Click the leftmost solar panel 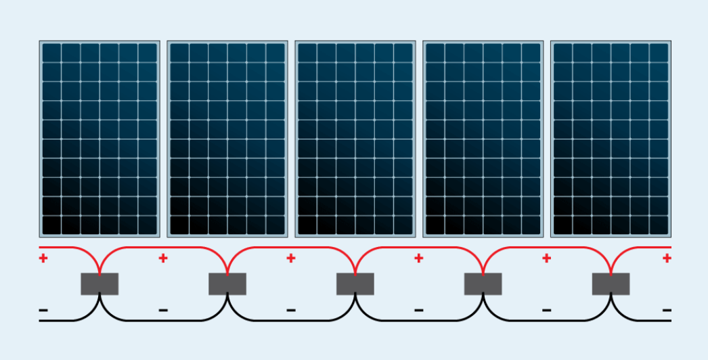pos(99,139)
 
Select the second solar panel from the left pos(227,139)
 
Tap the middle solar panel pos(355,139)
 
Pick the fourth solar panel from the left pos(483,139)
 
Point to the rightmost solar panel pos(611,139)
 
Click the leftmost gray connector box pos(99,284)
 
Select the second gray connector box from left pos(227,284)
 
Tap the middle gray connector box pos(355,284)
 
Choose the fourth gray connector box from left pos(483,284)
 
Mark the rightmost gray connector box pos(611,284)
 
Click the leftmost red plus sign pos(43,258)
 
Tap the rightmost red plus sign pos(667,258)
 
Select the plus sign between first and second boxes pos(163,258)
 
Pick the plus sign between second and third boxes pos(291,258)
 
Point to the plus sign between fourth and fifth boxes pos(546,258)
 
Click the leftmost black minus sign pos(43,311)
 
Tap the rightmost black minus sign pos(667,311)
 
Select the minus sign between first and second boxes pos(163,311)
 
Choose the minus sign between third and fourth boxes pos(419,311)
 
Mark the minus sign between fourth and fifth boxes pos(546,311)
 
